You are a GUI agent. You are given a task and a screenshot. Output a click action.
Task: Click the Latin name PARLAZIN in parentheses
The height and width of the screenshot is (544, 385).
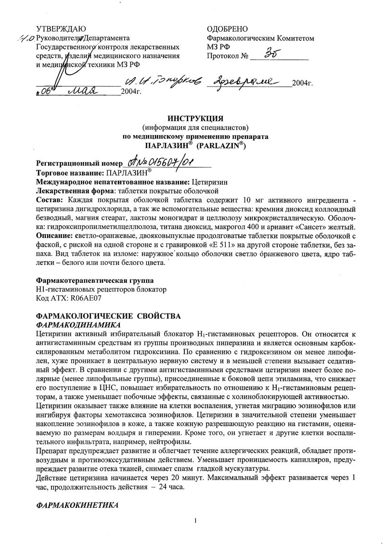pos(222,145)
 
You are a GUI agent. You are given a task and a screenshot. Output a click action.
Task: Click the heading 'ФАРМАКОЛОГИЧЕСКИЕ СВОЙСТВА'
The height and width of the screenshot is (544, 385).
pos(108,316)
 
